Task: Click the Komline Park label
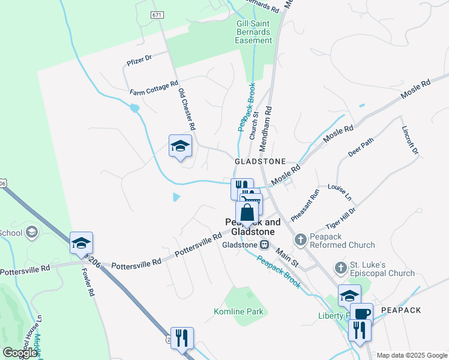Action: tap(238, 311)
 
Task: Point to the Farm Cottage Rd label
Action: tap(154, 88)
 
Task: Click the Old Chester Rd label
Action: tap(187, 110)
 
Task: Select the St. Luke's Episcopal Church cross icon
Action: tap(340, 266)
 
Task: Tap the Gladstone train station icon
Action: tap(264, 245)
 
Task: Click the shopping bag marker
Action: tap(247, 212)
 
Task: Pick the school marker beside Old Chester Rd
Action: tap(179, 146)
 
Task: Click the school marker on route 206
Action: tap(81, 243)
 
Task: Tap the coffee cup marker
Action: tap(361, 314)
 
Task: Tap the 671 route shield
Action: tap(158, 14)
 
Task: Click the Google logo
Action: tap(20, 353)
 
